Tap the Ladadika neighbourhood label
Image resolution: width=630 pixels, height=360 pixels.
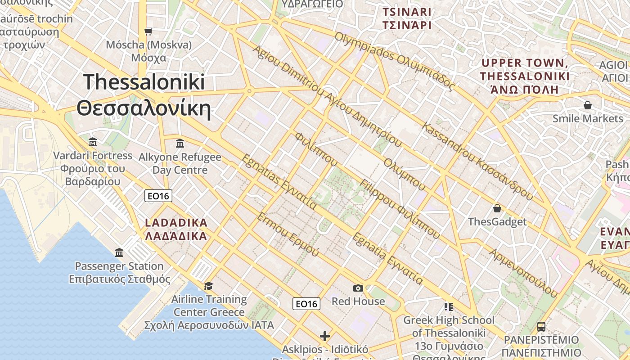pos(176,229)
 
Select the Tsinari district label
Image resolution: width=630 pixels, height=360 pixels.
pos(407,18)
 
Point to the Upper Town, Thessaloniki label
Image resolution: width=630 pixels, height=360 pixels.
pos(525,76)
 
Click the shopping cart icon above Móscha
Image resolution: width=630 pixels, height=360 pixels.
pos(148,31)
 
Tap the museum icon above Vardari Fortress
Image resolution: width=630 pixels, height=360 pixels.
pos(93,142)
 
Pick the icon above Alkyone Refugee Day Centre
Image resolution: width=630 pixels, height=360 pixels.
pos(180,143)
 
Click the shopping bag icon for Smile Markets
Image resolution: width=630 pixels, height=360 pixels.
pos(587,105)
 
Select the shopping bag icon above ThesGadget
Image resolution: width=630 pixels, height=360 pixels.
pos(497,208)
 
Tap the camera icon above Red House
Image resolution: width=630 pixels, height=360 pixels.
pos(358,288)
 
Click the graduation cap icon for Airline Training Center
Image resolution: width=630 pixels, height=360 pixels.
pos(208,286)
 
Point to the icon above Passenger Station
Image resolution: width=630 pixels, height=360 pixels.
pos(119,252)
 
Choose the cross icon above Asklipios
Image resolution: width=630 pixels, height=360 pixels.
pos(324,336)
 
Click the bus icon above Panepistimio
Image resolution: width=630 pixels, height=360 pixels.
pos(541,327)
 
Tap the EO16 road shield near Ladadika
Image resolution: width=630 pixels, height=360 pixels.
pos(158,196)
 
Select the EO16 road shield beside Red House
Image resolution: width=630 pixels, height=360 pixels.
pos(306,304)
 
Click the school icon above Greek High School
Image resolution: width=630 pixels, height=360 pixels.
pos(448,306)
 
